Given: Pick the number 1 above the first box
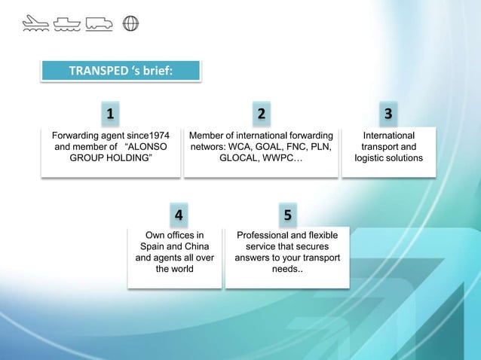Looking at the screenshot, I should [110, 114].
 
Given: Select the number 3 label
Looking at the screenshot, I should [388, 114].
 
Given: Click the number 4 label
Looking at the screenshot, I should [178, 215].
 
